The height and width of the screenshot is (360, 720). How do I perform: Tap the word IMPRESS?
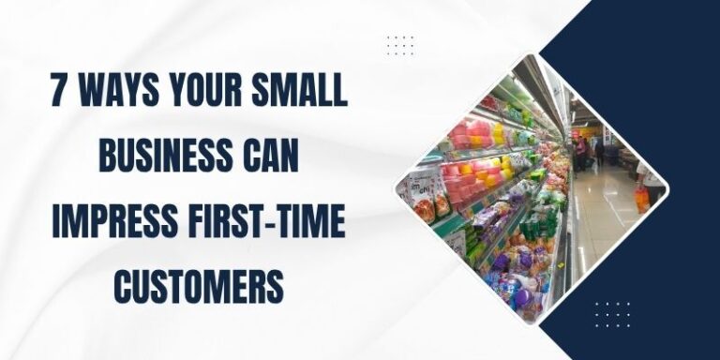tap(112, 224)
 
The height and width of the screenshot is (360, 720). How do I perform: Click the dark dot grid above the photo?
tap(400, 45)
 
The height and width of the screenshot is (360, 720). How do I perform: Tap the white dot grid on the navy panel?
tap(612, 314)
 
